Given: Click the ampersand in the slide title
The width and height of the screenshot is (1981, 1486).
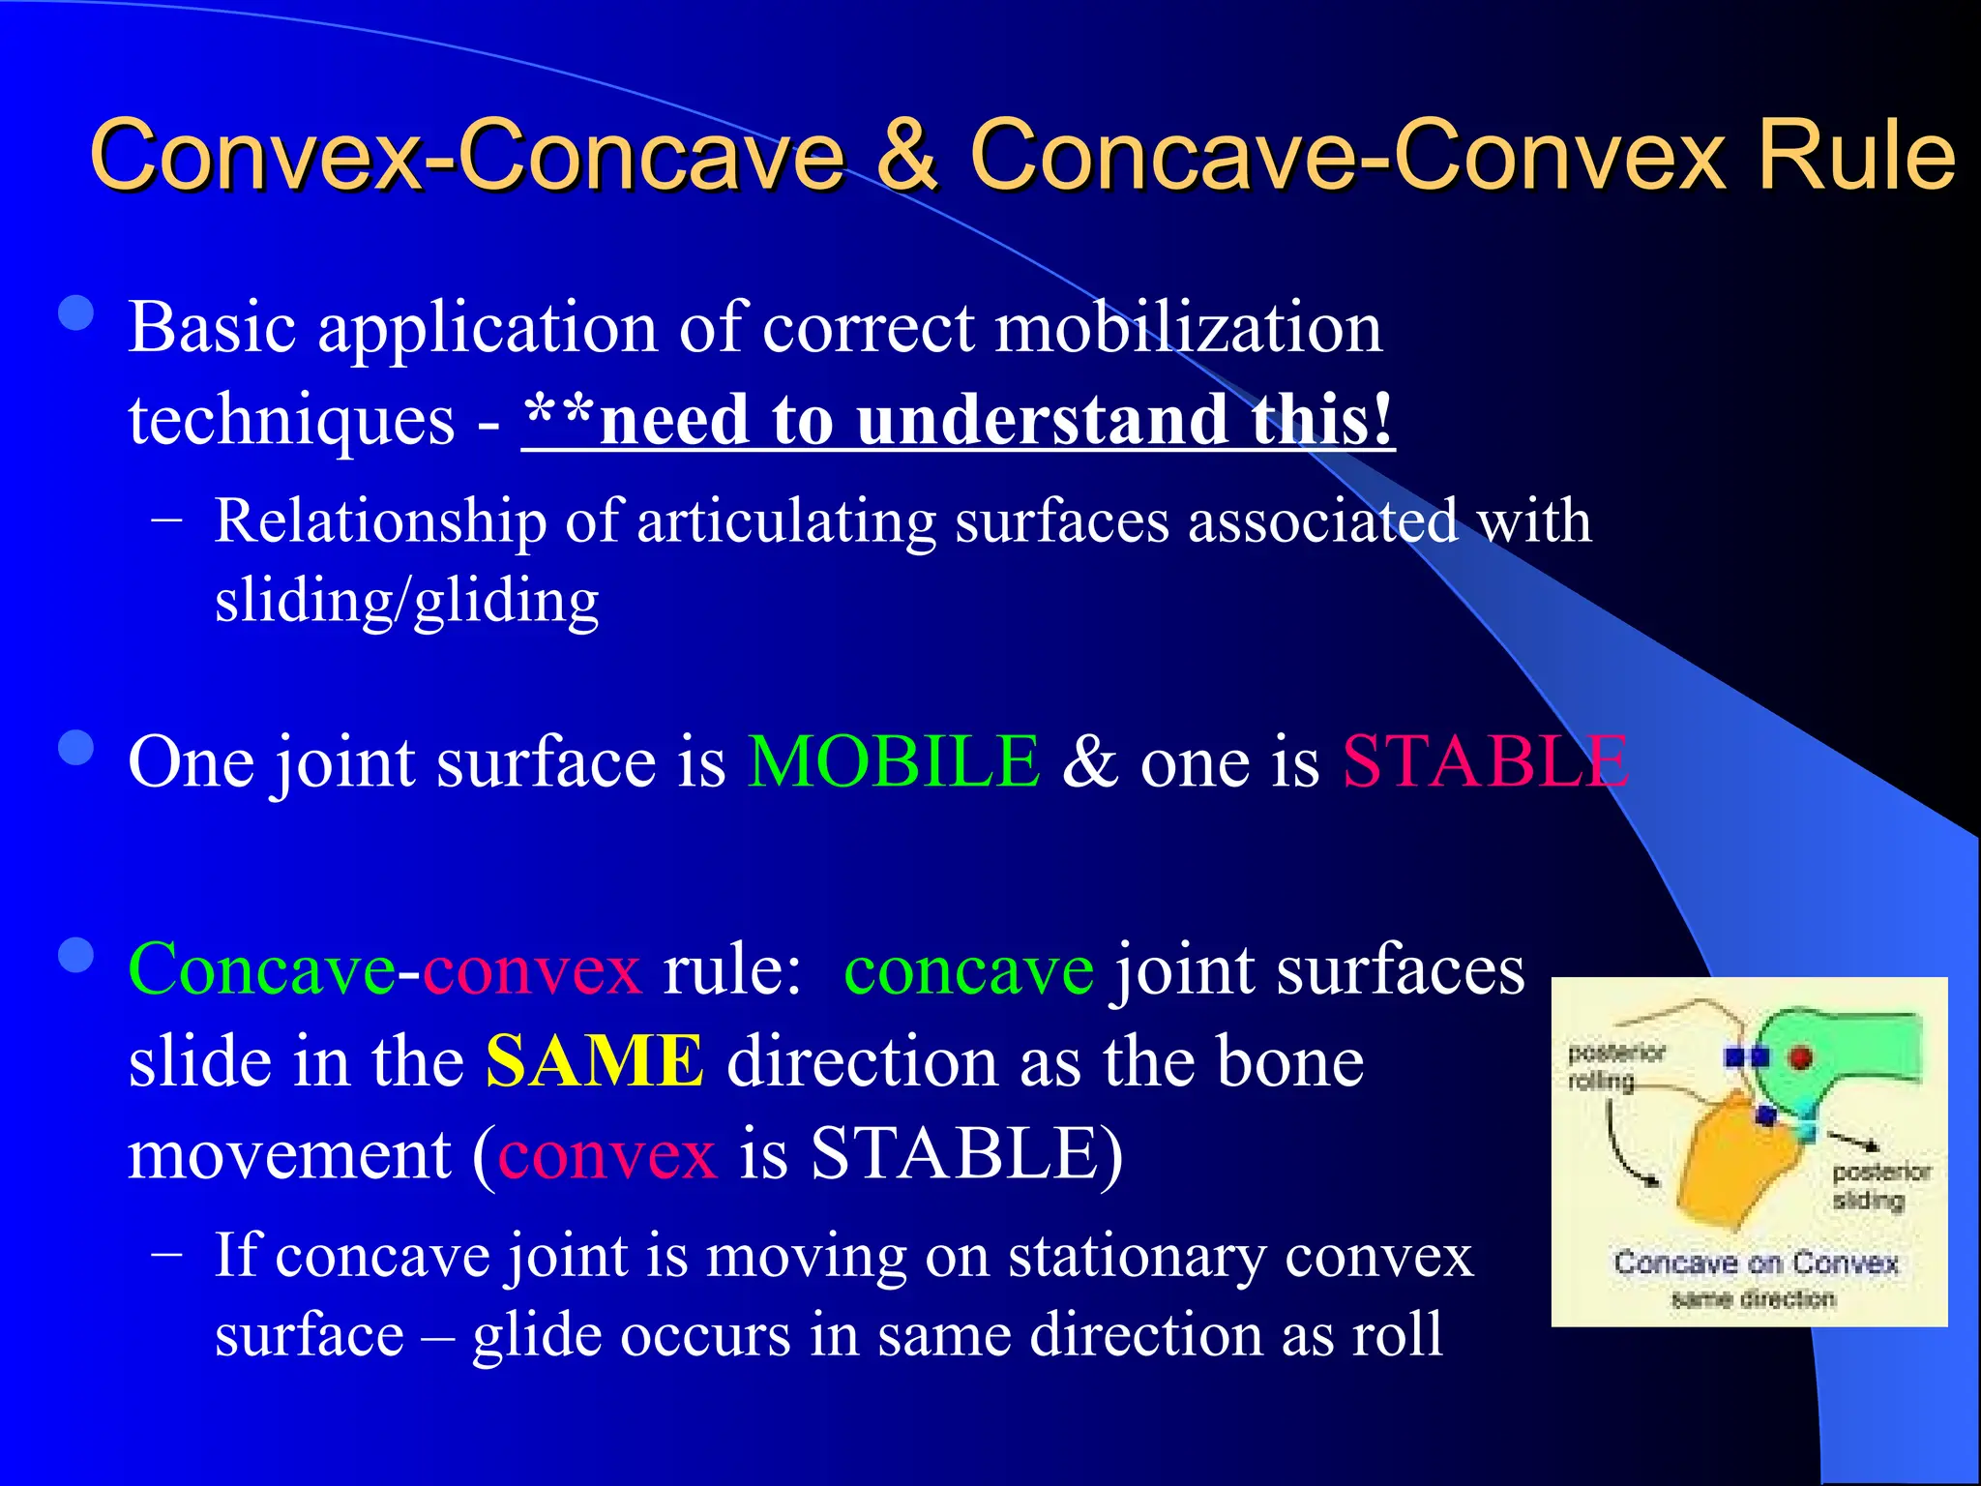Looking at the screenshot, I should [x=906, y=155].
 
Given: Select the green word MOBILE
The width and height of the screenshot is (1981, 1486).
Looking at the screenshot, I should [x=894, y=761].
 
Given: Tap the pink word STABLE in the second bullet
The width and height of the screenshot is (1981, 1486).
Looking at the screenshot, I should [x=1485, y=761].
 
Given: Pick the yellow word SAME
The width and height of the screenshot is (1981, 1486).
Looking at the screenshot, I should [x=595, y=1061].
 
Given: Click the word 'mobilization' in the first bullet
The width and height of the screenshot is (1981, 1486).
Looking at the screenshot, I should [x=1189, y=327].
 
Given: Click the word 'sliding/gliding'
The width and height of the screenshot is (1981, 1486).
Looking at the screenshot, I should [x=406, y=601].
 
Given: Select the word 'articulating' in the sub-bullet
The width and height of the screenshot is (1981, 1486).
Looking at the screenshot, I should [x=786, y=521].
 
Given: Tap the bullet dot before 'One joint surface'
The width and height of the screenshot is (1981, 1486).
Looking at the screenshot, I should [x=75, y=748].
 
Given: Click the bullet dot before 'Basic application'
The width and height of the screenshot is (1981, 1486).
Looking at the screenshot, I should [x=75, y=313].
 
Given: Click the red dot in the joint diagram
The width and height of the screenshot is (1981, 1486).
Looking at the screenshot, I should [x=1800, y=1057].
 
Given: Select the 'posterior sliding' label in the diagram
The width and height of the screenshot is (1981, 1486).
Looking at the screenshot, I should [x=1879, y=1186].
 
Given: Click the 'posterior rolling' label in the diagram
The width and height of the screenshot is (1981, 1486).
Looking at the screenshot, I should [x=1615, y=1065].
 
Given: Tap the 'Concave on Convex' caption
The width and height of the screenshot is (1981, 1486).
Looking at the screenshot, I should [x=1755, y=1263].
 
